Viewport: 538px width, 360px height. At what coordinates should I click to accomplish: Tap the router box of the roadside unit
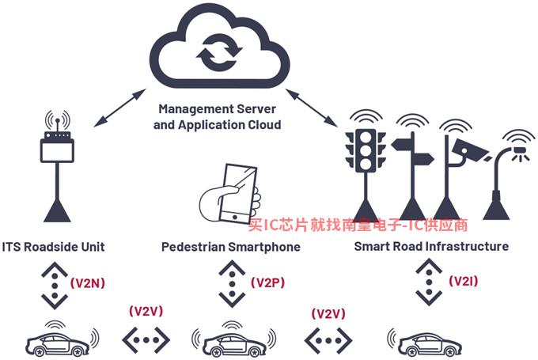(x=57, y=150)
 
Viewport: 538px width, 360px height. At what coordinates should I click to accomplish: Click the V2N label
(x=88, y=283)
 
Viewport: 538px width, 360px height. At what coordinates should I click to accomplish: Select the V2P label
(x=268, y=282)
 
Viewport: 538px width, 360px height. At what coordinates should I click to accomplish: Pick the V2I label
(x=464, y=282)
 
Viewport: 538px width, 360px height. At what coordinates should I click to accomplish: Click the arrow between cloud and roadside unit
(x=119, y=108)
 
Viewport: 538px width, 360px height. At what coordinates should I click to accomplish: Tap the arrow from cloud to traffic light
(x=311, y=107)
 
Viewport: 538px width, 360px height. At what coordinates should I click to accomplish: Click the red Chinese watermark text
(x=358, y=225)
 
